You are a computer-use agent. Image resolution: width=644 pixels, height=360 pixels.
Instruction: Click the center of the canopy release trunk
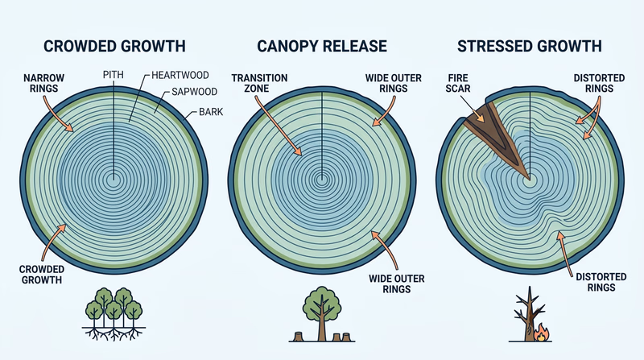point(322,178)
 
